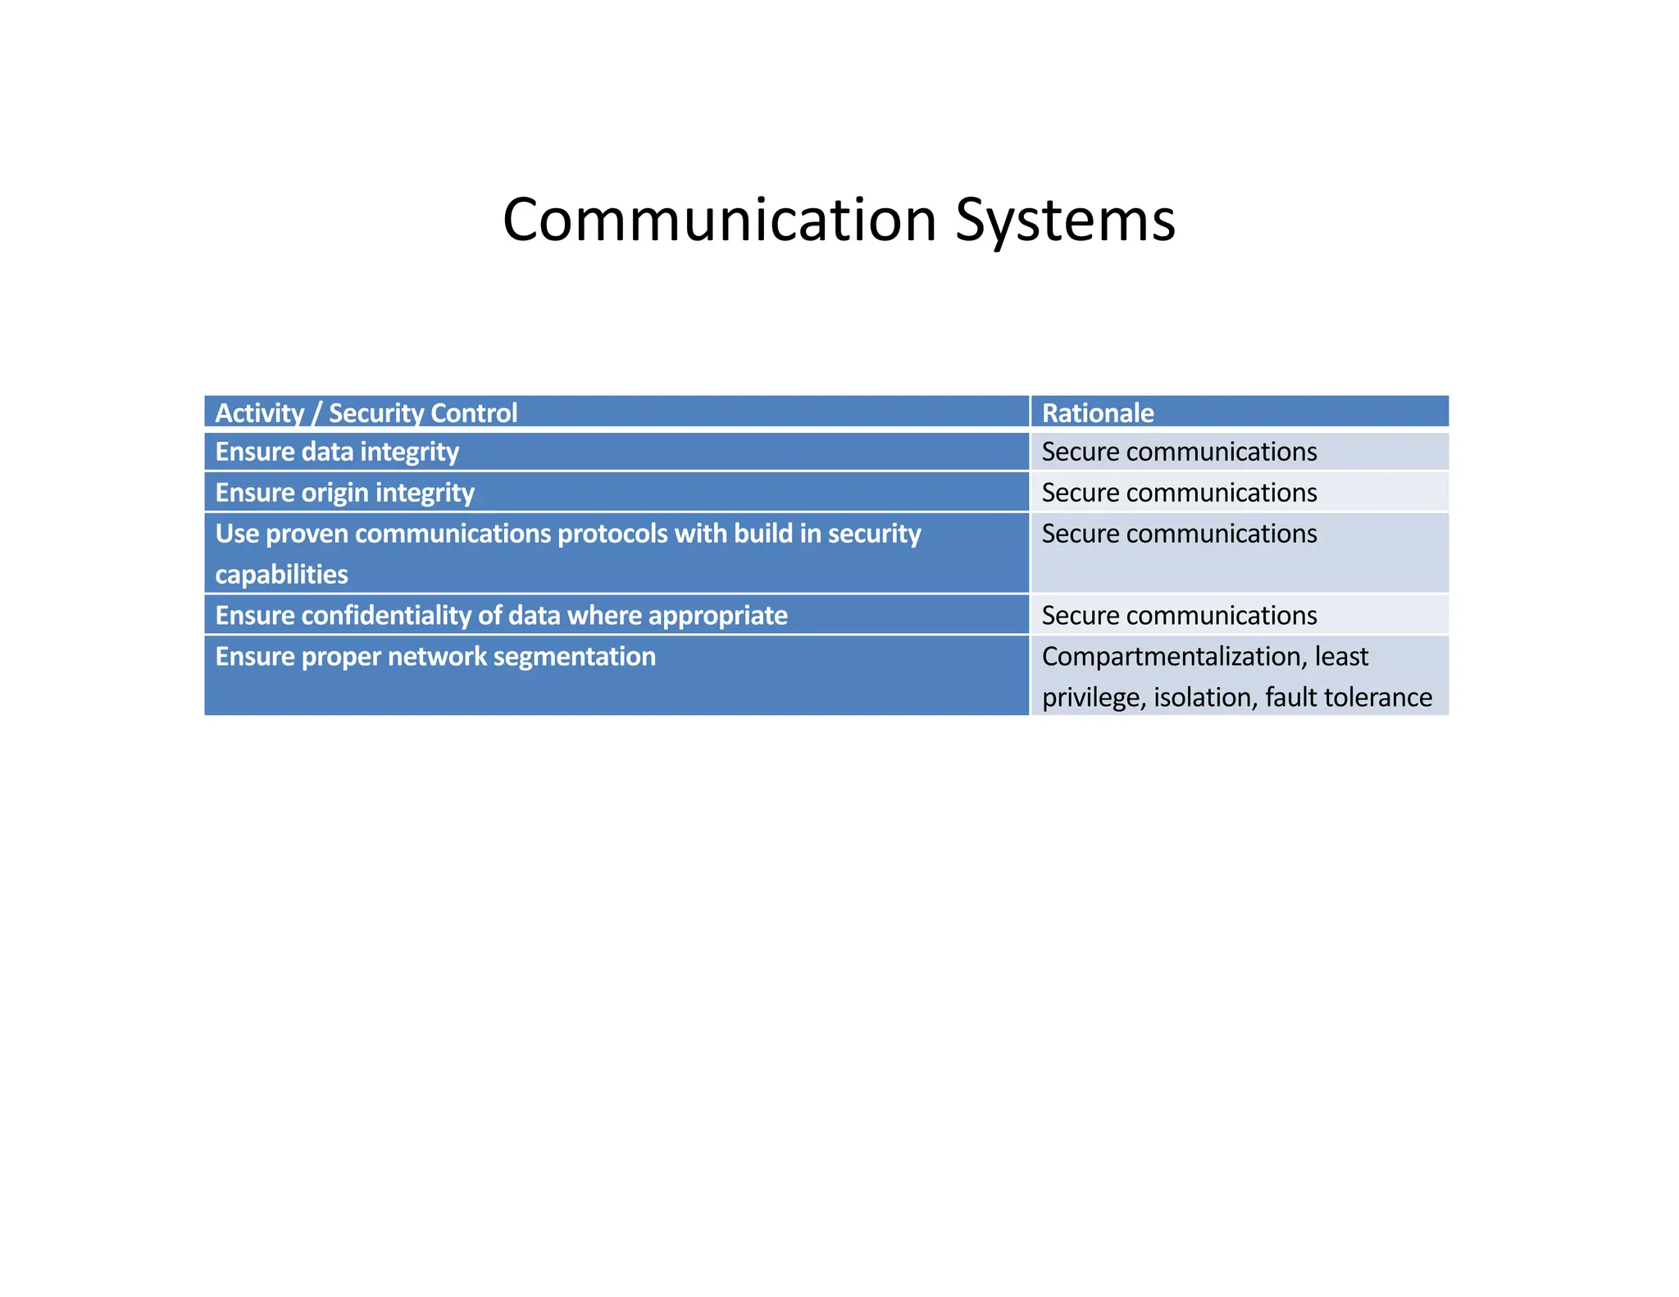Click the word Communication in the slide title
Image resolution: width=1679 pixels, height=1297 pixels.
pyautogui.click(x=719, y=220)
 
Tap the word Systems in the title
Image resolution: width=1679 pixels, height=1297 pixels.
pyautogui.click(x=1065, y=220)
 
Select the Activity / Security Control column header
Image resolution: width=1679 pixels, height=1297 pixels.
pyautogui.click(x=366, y=412)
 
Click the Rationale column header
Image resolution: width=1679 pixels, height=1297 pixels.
pyautogui.click(x=1097, y=412)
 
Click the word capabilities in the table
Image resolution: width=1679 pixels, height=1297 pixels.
pyautogui.click(x=281, y=575)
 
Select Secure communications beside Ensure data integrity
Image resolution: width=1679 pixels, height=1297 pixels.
pyautogui.click(x=1179, y=452)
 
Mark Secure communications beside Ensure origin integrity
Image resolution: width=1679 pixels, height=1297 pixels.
pyautogui.click(x=1179, y=493)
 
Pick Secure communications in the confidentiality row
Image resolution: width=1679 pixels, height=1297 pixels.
pyautogui.click(x=1179, y=616)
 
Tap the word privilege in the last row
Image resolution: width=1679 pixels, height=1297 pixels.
pyautogui.click(x=1092, y=698)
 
